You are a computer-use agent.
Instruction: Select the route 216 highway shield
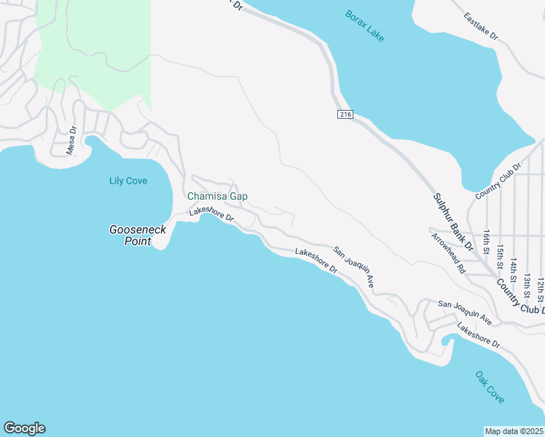[345, 114]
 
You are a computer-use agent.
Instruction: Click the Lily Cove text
[128, 181]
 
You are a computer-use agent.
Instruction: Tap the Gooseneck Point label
[138, 235]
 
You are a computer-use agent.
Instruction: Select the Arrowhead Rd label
[447, 253]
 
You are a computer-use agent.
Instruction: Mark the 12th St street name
[540, 288]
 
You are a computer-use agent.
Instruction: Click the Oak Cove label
[490, 387]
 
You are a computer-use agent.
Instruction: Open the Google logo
[24, 428]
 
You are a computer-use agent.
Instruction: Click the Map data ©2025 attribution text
[514, 431]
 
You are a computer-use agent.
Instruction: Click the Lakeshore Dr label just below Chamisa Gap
[211, 213]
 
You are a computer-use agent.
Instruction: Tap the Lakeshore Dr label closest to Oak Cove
[479, 334]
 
